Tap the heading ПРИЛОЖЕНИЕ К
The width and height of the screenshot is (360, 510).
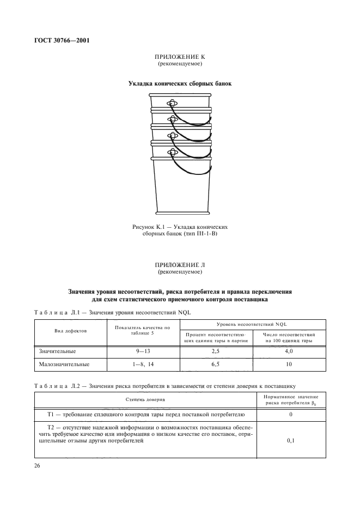click(180, 58)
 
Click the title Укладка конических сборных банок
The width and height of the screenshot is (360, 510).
click(180, 84)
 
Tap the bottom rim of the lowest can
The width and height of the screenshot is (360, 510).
click(180, 212)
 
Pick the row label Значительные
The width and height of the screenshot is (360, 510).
click(57, 351)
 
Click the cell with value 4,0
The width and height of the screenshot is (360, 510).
click(289, 351)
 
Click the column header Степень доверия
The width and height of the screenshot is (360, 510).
click(145, 400)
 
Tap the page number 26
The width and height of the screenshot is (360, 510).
click(38, 466)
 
